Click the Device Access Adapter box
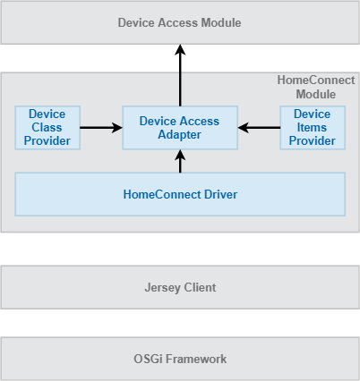[180, 128]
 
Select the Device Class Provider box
[47, 128]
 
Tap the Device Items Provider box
[312, 128]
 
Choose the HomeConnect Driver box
[180, 193]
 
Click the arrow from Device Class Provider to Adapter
[101, 128]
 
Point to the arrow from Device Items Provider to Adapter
[259, 128]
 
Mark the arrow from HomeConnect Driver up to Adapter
[180, 162]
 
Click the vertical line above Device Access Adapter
[180, 89]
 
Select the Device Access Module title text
[179, 21]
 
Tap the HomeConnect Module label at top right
[315, 87]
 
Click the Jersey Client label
[180, 287]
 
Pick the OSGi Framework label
[180, 359]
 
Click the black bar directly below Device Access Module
[180, 58]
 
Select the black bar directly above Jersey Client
[180, 249]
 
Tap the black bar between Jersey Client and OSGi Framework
[180, 323]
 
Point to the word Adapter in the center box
[180, 135]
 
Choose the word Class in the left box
[47, 127]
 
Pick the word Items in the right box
[312, 127]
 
